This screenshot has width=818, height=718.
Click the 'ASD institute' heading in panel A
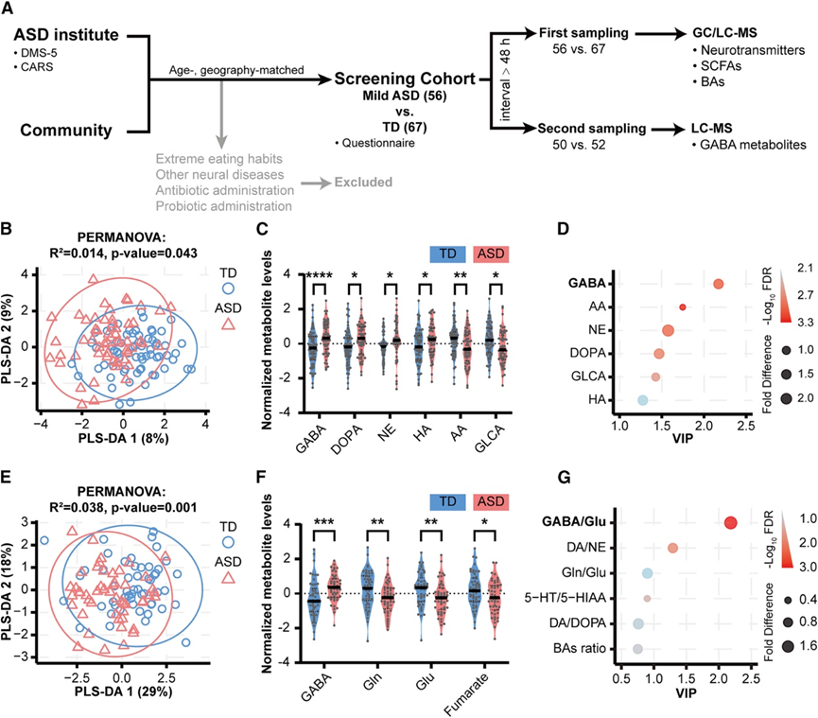pos(72,37)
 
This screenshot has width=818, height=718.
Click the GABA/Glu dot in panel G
pos(730,523)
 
